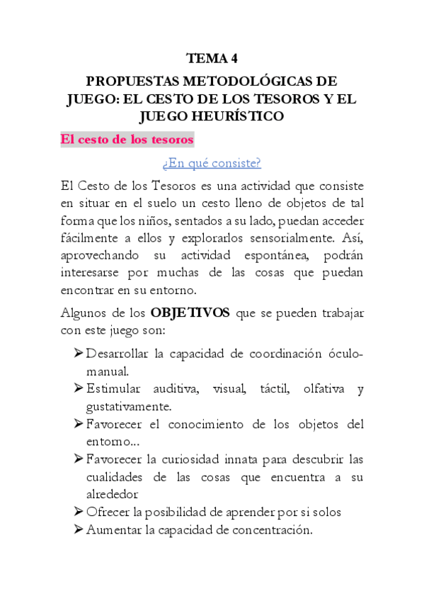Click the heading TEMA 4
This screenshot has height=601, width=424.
click(x=212, y=59)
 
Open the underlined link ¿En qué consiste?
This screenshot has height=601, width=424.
click(x=212, y=164)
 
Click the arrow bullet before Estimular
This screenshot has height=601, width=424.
click(x=78, y=389)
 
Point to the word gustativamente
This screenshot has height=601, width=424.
click(x=127, y=407)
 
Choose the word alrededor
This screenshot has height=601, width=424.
click(x=112, y=494)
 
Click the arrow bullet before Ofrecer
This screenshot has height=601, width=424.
click(x=78, y=512)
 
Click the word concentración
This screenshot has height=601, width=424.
click(x=273, y=529)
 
